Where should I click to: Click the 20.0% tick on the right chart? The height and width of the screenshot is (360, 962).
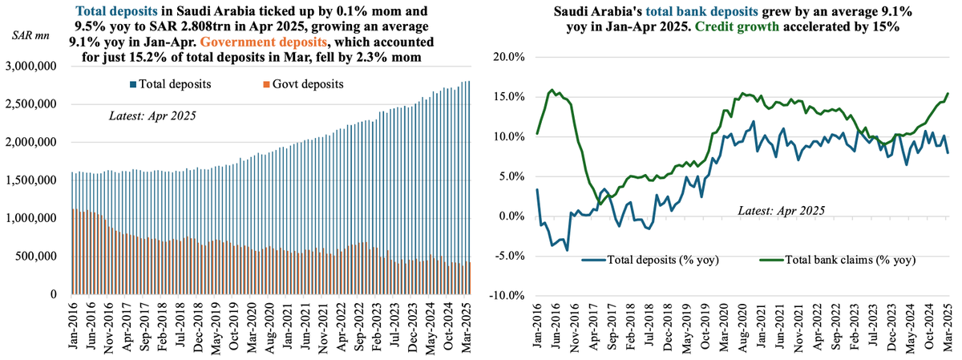510,58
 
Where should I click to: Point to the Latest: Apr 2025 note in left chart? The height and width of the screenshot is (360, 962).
152,115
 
